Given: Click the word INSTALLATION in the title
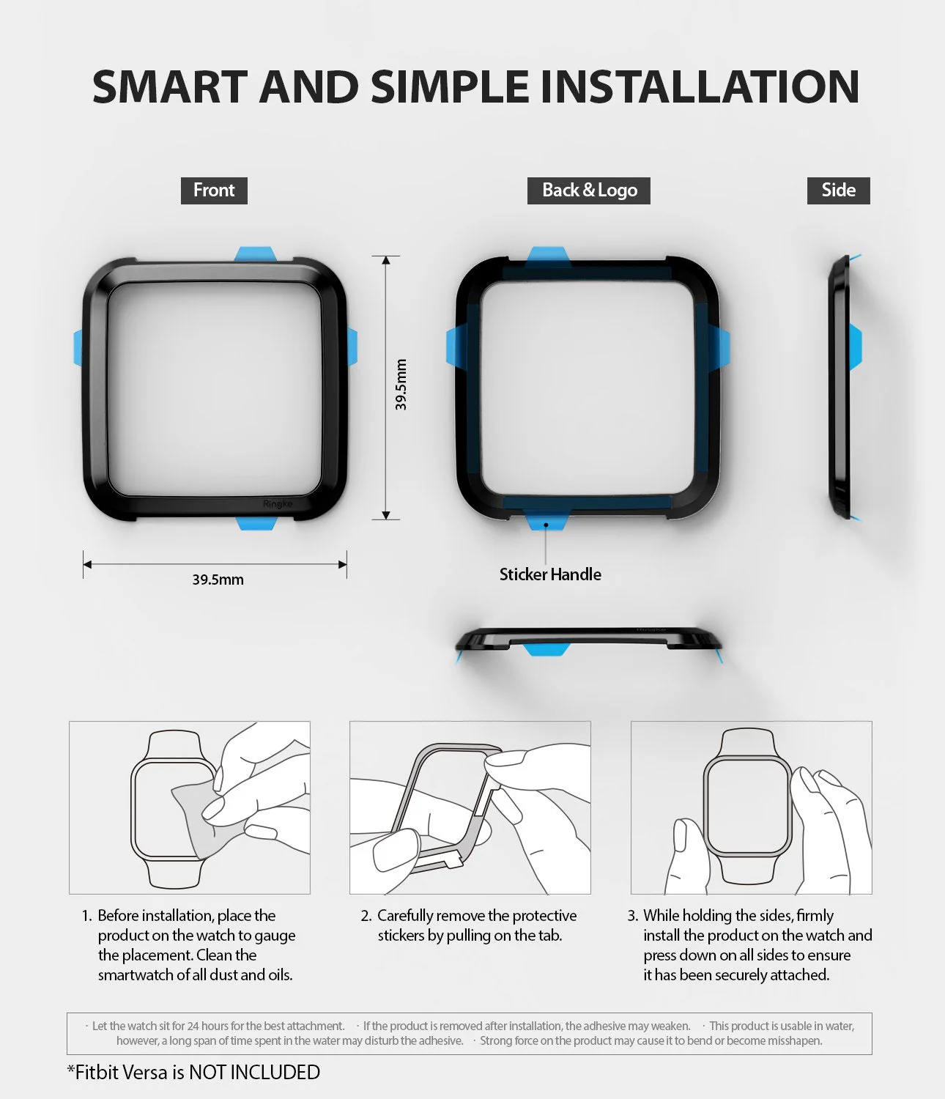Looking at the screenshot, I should point(700,86).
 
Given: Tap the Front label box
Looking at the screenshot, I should point(214,190).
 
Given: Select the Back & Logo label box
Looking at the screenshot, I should point(589,190).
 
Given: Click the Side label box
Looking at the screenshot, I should point(838,190).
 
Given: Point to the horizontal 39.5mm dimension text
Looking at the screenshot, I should point(218,580).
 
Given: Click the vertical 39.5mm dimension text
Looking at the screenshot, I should point(401,385).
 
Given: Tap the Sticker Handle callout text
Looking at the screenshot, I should point(550,574).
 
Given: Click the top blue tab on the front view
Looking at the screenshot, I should point(255,254).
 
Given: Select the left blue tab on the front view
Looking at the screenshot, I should point(78,347).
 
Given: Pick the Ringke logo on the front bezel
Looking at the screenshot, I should point(278,504).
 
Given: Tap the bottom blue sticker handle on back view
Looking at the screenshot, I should point(546,521).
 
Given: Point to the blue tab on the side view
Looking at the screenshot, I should point(855,347).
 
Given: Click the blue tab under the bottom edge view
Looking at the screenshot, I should point(546,649).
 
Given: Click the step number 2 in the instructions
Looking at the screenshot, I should point(366,916).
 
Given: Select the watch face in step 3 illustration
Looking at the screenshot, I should point(747,806).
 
